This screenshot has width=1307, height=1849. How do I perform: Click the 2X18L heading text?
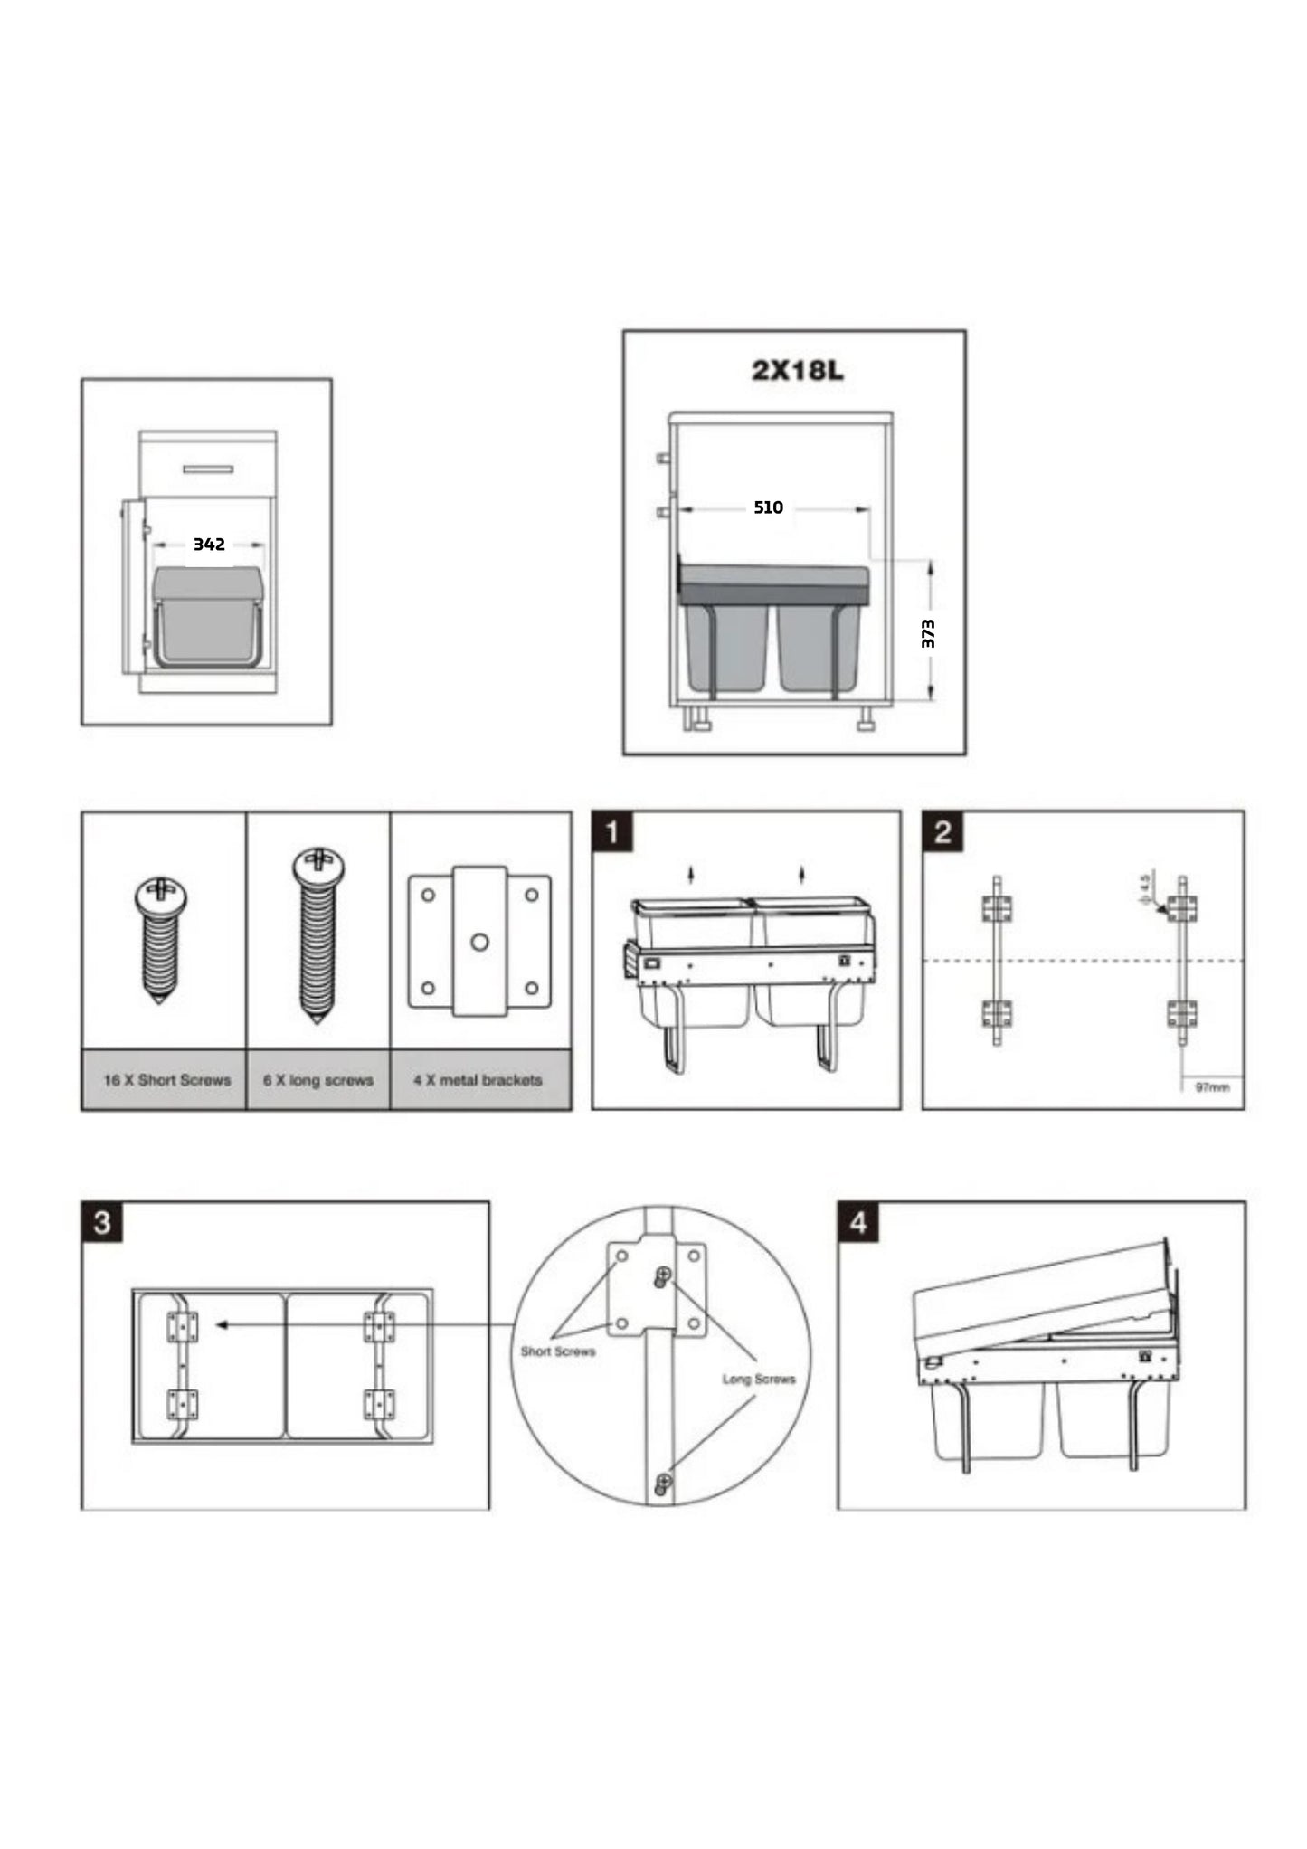point(797,371)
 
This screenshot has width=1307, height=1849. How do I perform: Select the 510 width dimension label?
point(768,507)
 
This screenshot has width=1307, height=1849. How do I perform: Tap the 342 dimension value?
point(209,545)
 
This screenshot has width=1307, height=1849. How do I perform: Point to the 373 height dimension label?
point(928,633)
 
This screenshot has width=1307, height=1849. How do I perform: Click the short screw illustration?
point(161,941)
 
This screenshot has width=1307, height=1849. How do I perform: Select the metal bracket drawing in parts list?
point(479,941)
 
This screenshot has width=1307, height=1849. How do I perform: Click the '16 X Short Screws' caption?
point(167,1080)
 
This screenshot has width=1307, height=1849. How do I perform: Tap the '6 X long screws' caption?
point(318,1080)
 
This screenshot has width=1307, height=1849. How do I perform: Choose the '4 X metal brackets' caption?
point(478,1080)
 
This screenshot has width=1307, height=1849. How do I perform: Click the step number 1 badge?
point(612,831)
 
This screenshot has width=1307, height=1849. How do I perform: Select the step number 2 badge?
point(942,831)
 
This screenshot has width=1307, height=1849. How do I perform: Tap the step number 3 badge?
point(101,1223)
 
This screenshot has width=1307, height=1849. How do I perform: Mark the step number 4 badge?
point(858,1223)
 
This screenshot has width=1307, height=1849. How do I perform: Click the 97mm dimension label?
point(1212,1086)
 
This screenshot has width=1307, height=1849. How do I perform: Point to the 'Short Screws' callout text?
point(558,1351)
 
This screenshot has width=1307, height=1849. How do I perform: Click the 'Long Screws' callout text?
point(759,1380)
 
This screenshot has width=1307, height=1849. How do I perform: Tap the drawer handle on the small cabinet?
point(208,469)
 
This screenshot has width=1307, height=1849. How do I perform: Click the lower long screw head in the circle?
point(663,1482)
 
